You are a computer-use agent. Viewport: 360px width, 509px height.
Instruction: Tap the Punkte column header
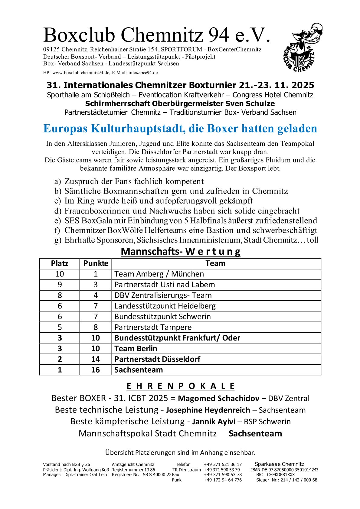coord(96,263)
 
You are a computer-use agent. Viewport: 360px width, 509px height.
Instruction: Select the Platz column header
coord(60,263)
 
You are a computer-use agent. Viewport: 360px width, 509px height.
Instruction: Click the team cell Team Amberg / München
coord(159,274)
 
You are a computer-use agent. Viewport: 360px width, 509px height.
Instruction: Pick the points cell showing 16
coord(96,370)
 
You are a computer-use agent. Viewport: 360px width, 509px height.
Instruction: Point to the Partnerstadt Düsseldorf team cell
coord(157,359)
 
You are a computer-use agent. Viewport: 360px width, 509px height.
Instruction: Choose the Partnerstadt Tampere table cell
coord(153,327)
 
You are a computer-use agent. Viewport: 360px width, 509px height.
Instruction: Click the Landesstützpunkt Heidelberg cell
coord(165,306)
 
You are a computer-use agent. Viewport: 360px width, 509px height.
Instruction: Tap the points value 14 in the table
coord(96,359)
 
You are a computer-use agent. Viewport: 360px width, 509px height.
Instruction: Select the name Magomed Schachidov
coord(218,398)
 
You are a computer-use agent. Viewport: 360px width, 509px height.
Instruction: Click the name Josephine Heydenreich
coord(208,410)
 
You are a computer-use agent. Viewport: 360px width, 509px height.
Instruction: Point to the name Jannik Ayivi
coord(214,422)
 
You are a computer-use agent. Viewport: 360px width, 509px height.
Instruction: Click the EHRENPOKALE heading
coord(180,386)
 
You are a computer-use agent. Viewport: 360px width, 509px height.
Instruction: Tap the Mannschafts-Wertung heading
coord(180,252)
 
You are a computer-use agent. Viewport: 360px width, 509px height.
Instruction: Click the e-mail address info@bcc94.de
coord(143,73)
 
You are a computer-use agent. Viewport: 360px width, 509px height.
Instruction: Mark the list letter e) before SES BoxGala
coord(57,221)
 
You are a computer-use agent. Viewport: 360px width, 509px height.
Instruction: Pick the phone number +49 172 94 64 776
coord(223,480)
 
